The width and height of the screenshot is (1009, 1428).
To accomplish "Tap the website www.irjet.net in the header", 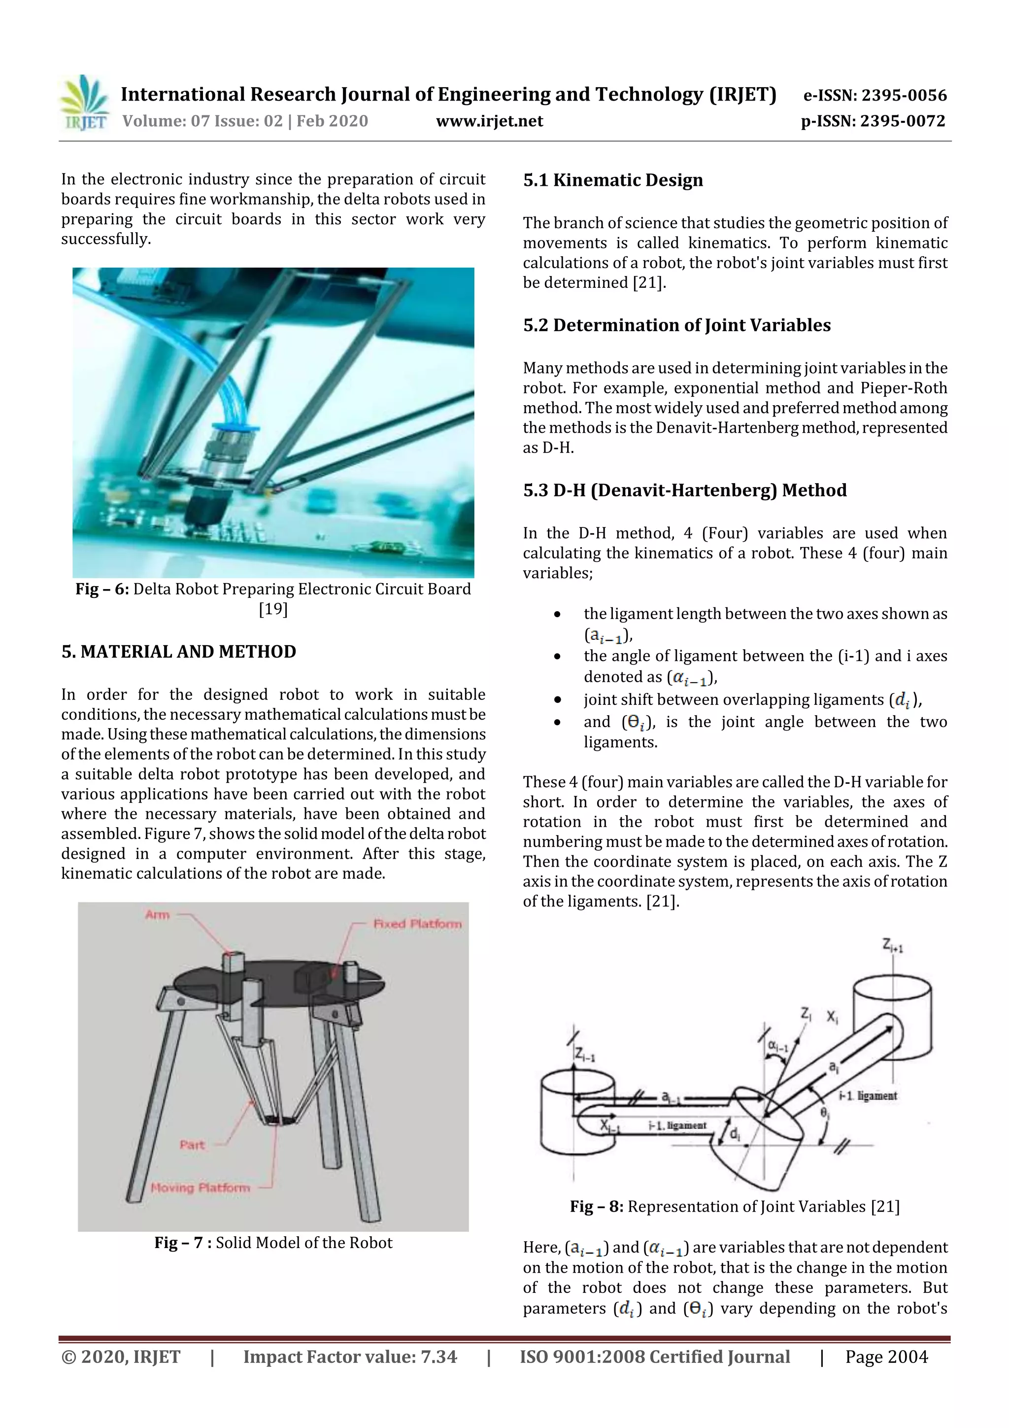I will pyautogui.click(x=489, y=121).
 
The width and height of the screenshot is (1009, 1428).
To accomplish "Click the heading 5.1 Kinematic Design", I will pyautogui.click(x=612, y=180).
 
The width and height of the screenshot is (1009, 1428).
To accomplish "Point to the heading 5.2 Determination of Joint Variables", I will pyautogui.click(x=676, y=325).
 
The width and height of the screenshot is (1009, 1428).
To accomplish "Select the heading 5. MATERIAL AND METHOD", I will pyautogui.click(x=178, y=652).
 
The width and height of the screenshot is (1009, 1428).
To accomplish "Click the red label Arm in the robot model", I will pyautogui.click(x=157, y=914).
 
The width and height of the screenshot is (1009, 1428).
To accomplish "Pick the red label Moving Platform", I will pyautogui.click(x=200, y=1187).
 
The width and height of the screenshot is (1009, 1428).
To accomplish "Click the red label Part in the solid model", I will pyautogui.click(x=192, y=1145).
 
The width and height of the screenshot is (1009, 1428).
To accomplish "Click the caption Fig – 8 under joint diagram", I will pyautogui.click(x=734, y=1207).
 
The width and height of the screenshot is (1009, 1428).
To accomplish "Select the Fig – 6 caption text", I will pyautogui.click(x=273, y=589).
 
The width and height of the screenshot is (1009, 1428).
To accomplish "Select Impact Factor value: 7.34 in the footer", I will pyautogui.click(x=349, y=1357).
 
